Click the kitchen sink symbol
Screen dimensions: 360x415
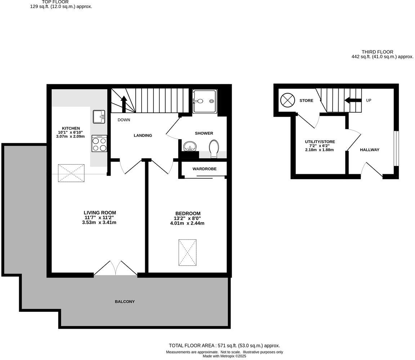[99, 117]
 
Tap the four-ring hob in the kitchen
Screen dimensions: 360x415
[99, 144]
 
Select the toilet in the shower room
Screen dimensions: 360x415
[214, 148]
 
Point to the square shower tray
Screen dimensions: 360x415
[205, 102]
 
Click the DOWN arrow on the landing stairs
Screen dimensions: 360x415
[123, 104]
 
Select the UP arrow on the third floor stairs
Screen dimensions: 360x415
[353, 100]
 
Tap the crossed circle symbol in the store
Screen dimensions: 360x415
[287, 100]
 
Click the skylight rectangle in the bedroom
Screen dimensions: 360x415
[187, 252]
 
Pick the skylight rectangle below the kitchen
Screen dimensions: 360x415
[71, 173]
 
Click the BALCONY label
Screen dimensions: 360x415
[125, 302]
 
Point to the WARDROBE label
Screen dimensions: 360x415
[204, 169]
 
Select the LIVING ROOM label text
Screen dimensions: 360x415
[100, 213]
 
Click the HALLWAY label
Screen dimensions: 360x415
[370, 150]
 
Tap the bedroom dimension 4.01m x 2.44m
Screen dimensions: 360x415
[187, 223]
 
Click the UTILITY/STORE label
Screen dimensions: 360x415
[320, 142]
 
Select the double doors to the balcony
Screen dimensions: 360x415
[116, 269]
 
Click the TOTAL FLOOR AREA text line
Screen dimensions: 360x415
[224, 346]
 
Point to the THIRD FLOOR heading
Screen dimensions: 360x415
[378, 52]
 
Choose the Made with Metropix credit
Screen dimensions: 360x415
[224, 356]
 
